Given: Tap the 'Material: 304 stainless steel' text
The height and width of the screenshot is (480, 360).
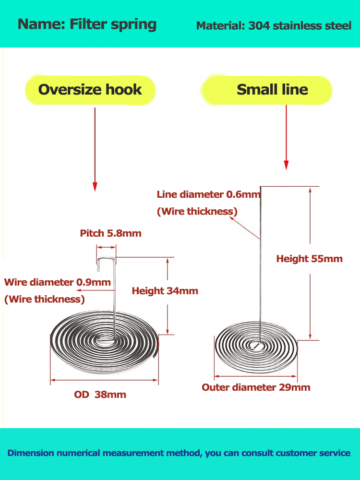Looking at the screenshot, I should pyautogui.click(x=274, y=26).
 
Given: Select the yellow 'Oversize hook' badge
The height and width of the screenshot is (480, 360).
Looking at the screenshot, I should pyautogui.click(x=90, y=90).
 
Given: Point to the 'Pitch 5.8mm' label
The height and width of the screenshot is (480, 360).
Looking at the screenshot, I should pyautogui.click(x=110, y=234).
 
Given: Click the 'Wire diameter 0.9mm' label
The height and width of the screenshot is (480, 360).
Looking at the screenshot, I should pyautogui.click(x=57, y=282).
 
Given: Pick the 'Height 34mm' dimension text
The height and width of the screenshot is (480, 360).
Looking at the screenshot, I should pyautogui.click(x=165, y=291).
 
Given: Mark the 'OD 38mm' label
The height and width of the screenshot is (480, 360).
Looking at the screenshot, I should pyautogui.click(x=100, y=395).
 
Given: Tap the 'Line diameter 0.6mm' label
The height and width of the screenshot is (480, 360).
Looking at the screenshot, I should pyautogui.click(x=208, y=194).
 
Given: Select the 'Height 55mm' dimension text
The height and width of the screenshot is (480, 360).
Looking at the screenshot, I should pyautogui.click(x=309, y=259).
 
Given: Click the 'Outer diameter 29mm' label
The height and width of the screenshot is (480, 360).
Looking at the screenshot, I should pyautogui.click(x=256, y=387).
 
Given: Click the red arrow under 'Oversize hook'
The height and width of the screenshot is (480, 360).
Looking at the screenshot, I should pyautogui.click(x=95, y=149).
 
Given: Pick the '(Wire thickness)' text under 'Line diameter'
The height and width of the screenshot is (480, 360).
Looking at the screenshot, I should pyautogui.click(x=197, y=212).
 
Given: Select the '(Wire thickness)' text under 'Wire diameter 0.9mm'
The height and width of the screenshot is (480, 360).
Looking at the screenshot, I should pyautogui.click(x=44, y=300).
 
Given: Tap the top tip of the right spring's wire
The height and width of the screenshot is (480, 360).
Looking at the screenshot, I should pyautogui.click(x=260, y=187).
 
